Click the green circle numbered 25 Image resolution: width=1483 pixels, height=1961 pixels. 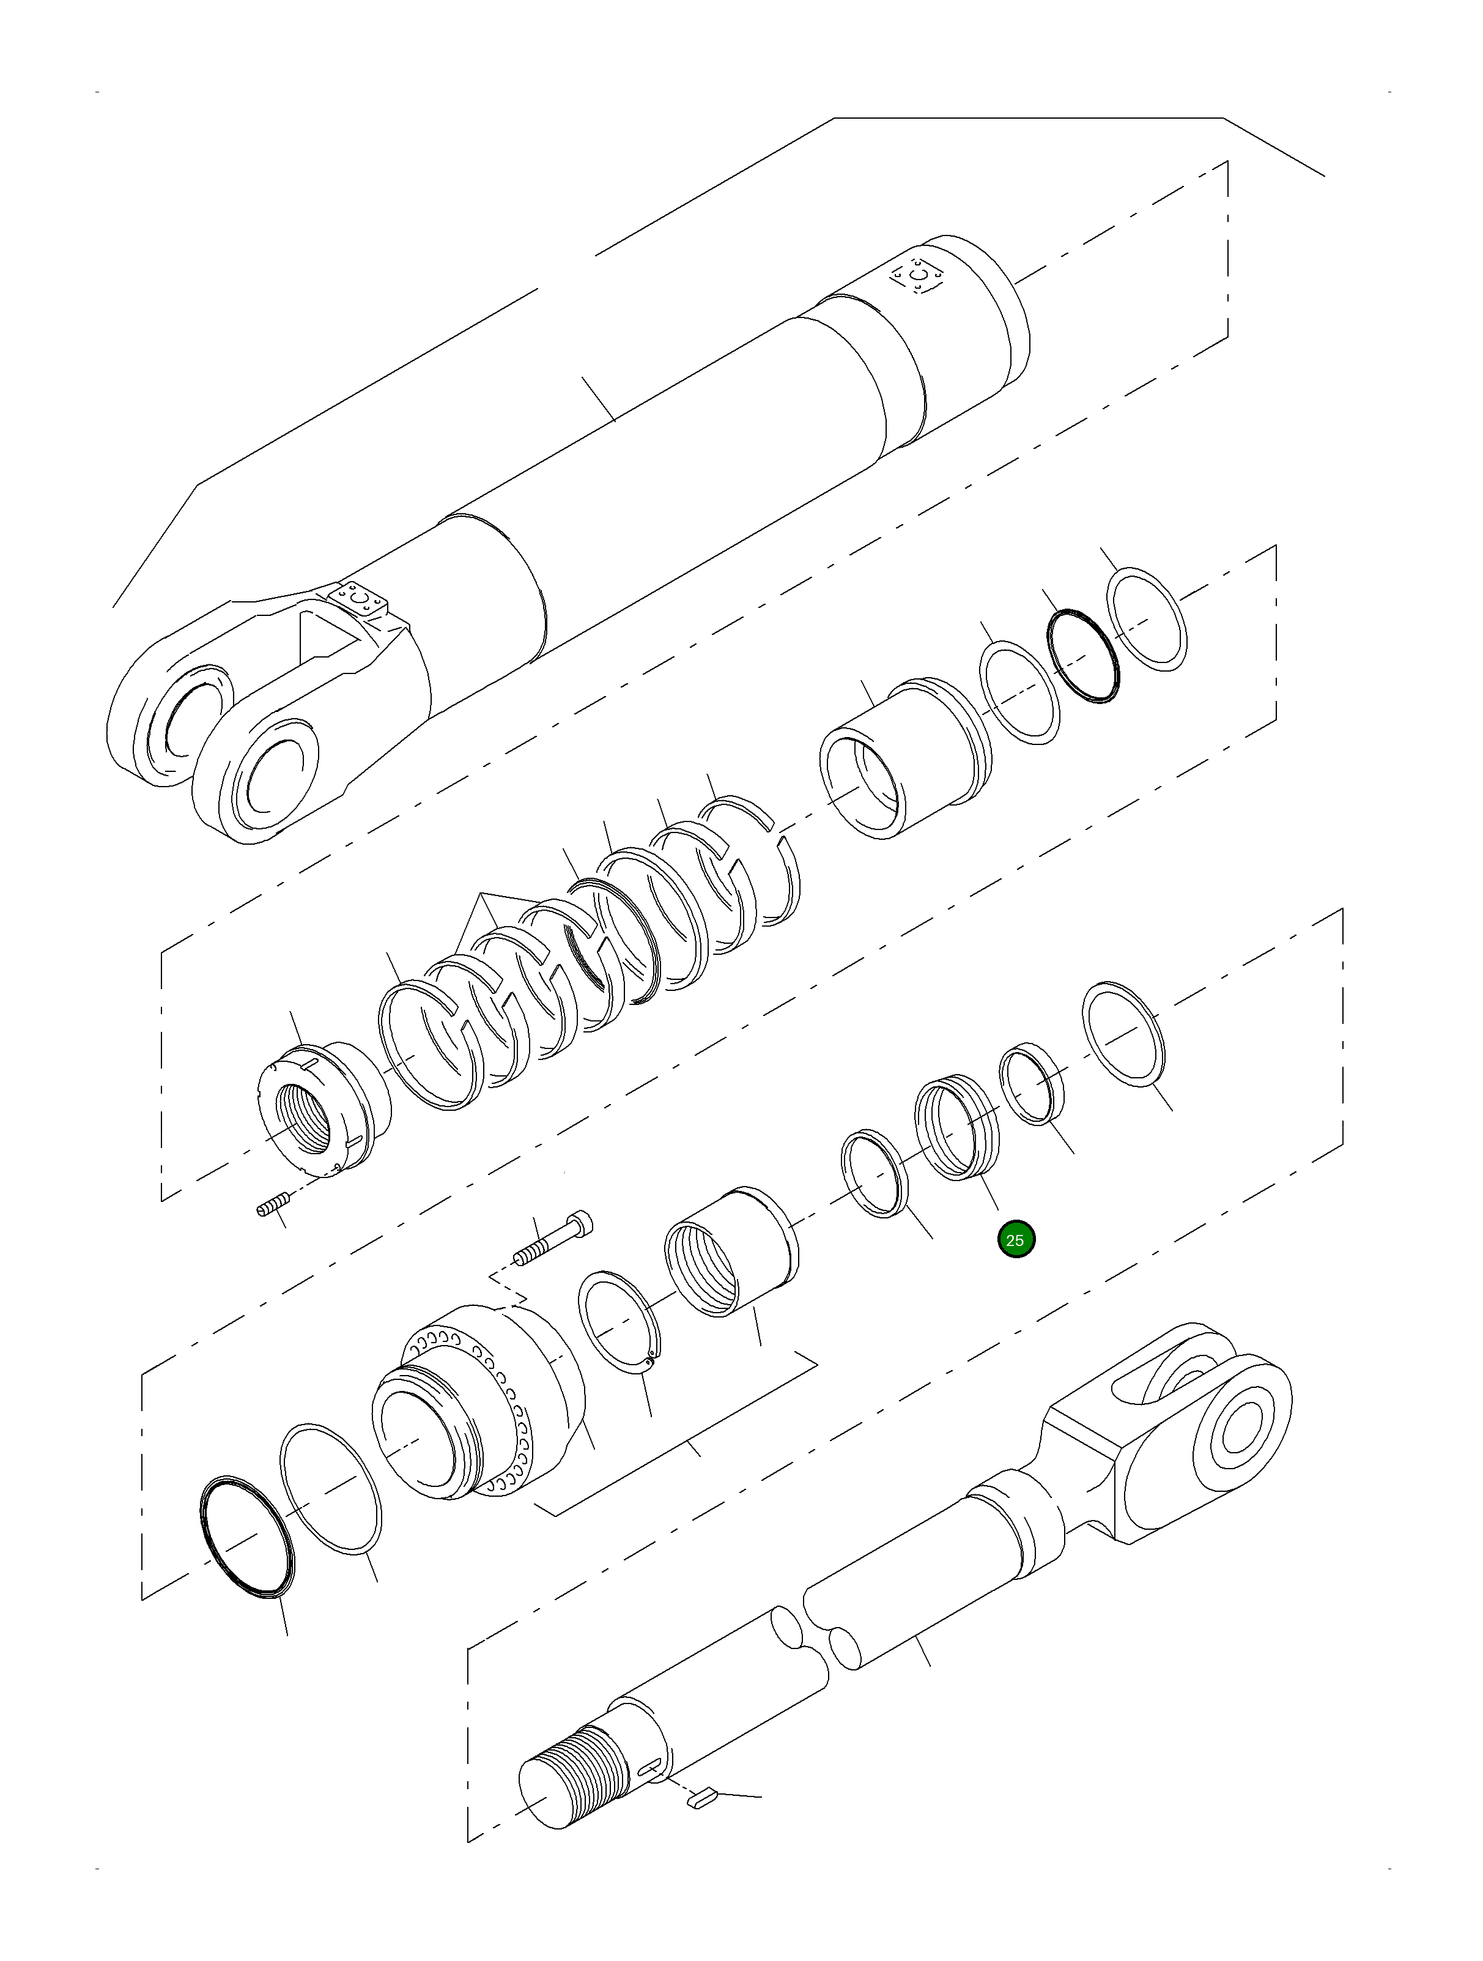point(1015,1239)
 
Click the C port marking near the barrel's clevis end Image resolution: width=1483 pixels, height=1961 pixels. point(358,600)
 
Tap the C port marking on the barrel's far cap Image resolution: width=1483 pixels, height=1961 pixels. point(919,278)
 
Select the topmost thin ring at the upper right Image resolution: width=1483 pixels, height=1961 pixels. point(1148,620)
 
